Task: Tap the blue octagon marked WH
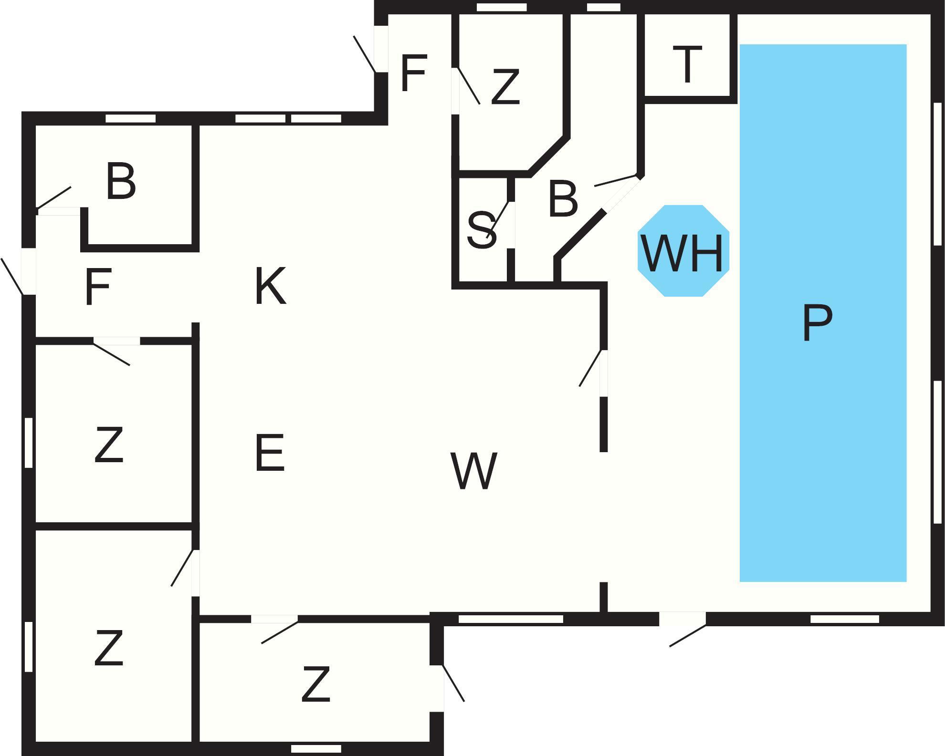[x=683, y=251]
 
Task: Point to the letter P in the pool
[x=817, y=323]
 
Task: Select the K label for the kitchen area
[x=270, y=286]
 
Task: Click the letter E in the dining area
[x=270, y=453]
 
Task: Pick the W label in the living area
[x=473, y=471]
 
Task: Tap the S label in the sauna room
[x=481, y=231]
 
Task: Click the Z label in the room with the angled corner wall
[x=505, y=87]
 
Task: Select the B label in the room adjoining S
[x=563, y=198]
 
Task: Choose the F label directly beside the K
[x=98, y=286]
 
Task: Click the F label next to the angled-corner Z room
[x=413, y=73]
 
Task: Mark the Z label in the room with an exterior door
[x=316, y=684]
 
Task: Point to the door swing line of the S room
[x=499, y=219]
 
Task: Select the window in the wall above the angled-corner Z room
[x=501, y=7]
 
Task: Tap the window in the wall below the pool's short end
[x=844, y=619]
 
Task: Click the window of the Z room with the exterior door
[x=316, y=748]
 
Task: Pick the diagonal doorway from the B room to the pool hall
[x=620, y=193]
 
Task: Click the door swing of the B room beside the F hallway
[x=54, y=197]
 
